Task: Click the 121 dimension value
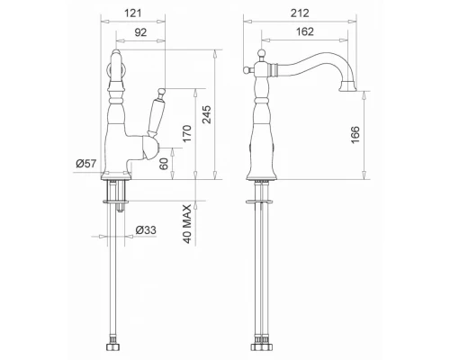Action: click(x=132, y=13)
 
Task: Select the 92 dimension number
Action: click(x=140, y=32)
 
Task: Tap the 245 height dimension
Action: click(x=207, y=114)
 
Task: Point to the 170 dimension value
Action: click(x=186, y=134)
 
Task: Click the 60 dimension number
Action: click(x=164, y=164)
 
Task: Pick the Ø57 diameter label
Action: click(x=86, y=164)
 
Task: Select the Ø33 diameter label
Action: click(x=146, y=230)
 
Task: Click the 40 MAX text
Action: click(x=186, y=224)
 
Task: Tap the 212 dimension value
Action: click(x=300, y=13)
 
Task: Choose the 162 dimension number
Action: click(x=305, y=31)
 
